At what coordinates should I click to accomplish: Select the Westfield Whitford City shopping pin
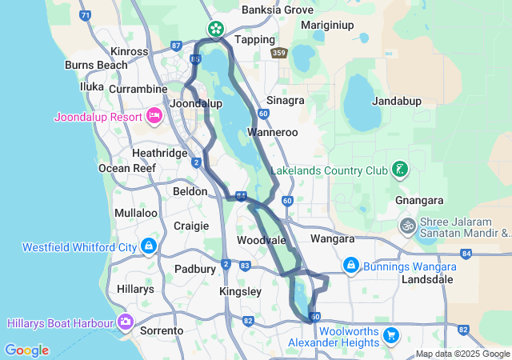tap(148, 246)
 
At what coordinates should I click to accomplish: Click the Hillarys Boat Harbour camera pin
tap(125, 322)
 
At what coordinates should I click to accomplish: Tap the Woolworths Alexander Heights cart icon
tap(390, 335)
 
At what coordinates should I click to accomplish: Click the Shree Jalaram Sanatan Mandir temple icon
tap(407, 226)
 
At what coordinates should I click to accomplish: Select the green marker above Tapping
tap(215, 30)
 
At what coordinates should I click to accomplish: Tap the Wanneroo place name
tap(273, 132)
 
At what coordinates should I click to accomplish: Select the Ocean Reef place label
tap(126, 168)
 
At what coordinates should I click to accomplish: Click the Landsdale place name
tap(428, 279)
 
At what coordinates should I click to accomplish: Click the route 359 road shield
tap(278, 53)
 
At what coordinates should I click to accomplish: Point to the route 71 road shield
tap(86, 15)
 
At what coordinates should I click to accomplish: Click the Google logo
tap(26, 350)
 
